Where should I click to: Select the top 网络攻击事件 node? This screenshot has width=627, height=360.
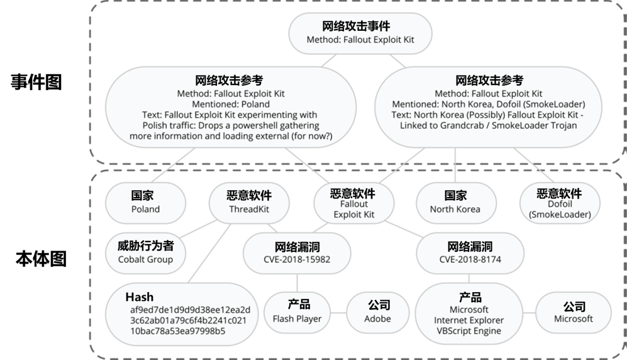pos(360,33)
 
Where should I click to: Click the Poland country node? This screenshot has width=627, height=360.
pos(145,202)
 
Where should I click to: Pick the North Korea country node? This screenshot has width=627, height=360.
pos(455,202)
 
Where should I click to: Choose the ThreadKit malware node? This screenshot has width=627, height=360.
pos(248,202)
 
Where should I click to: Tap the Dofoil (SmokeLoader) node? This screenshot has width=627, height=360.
pos(560,203)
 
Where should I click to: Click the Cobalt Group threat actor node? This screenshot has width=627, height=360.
pos(145,252)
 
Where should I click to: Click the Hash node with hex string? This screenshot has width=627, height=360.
pos(181,313)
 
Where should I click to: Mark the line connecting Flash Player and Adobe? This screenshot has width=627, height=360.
pos(338,313)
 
